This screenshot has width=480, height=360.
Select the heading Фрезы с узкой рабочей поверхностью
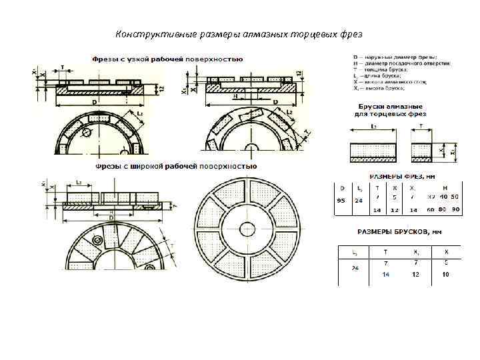167,59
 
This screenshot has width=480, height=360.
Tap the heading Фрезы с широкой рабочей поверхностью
176,166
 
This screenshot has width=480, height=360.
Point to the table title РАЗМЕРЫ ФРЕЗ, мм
393,177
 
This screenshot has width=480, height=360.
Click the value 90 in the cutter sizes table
456,209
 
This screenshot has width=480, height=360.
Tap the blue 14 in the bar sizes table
386,274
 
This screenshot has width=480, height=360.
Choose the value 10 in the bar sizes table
445,274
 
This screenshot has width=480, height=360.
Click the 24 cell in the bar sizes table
355,269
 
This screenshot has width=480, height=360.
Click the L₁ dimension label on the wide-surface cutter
79,181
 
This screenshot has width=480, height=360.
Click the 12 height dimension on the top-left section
161,88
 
